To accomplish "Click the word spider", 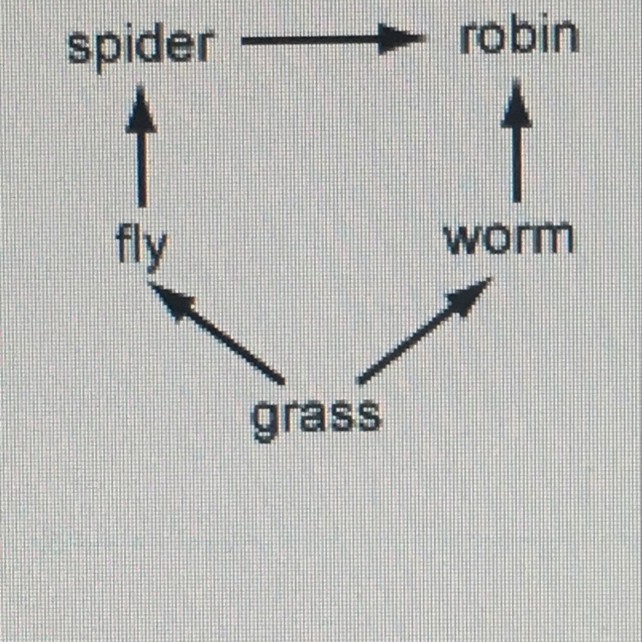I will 140,45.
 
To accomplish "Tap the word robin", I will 518,39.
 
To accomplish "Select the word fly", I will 141,246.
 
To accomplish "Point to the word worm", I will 509,240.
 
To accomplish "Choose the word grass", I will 316,417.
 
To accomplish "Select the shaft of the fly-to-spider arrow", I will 141,167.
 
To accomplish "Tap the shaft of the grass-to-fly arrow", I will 227,342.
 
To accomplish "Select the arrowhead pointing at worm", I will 467,297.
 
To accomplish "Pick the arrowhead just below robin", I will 516,107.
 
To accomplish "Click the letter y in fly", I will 155,250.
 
